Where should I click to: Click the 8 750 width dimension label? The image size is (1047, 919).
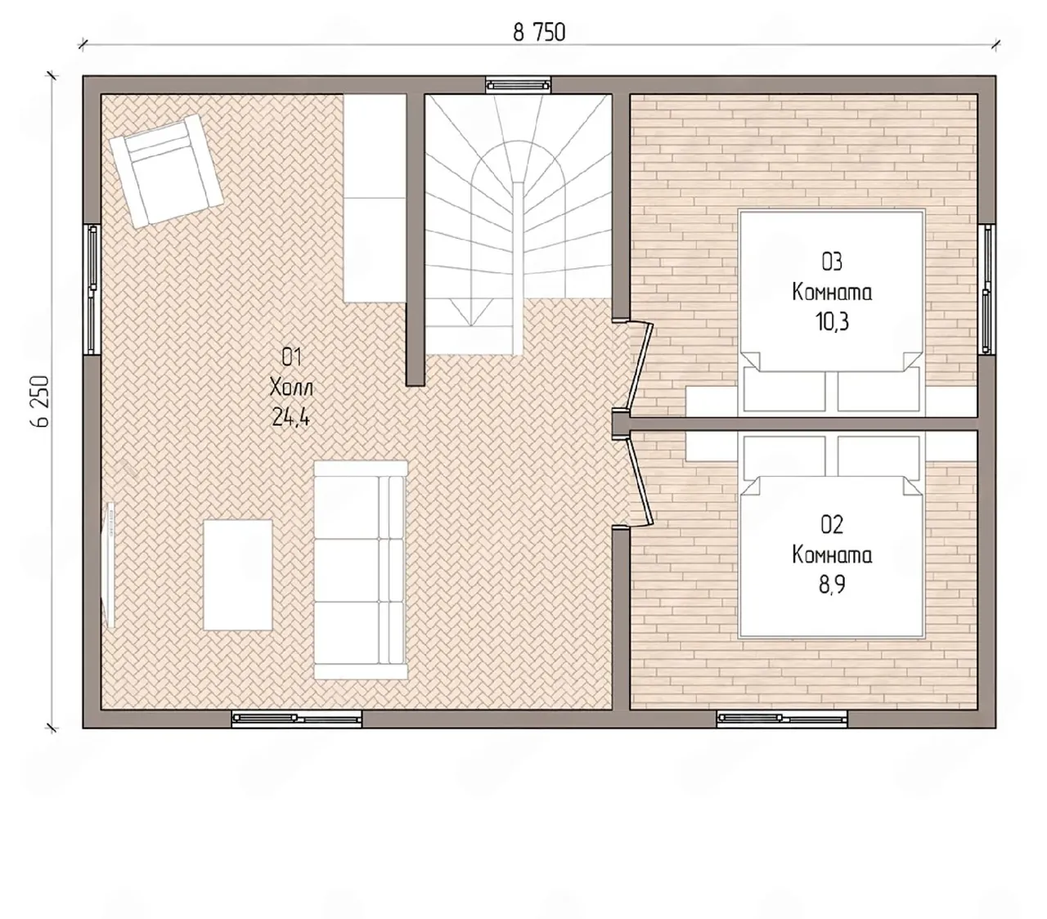click(539, 33)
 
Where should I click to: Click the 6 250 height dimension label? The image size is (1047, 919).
click(40, 401)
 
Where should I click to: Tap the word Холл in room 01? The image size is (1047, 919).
click(291, 388)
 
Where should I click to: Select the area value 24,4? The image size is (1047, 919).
click(290, 417)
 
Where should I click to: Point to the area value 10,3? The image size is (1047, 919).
click(832, 322)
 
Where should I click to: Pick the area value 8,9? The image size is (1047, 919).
click(832, 585)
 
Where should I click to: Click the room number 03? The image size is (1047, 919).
click(832, 262)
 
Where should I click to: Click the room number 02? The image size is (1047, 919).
click(832, 525)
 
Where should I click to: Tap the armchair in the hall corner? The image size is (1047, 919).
click(166, 171)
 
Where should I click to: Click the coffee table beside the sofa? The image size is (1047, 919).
click(238, 575)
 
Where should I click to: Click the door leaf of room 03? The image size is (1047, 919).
click(641, 370)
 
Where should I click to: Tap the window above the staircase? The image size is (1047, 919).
click(519, 85)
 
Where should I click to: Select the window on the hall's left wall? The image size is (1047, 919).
click(92, 289)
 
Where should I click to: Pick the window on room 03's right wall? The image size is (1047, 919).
click(986, 289)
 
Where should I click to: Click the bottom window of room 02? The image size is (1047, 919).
click(782, 719)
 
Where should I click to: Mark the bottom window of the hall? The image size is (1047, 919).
click(297, 719)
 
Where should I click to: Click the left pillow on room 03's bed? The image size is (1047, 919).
click(784, 390)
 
